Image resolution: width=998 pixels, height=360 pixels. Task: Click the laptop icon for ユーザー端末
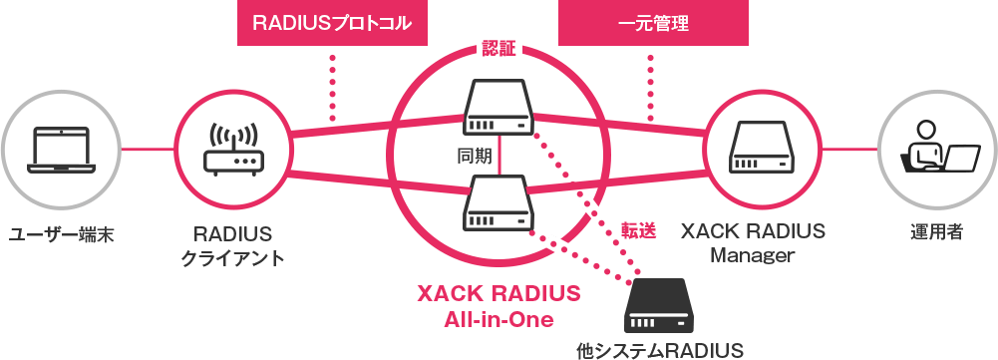(62, 150)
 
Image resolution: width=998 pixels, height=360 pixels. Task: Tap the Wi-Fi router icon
(232, 150)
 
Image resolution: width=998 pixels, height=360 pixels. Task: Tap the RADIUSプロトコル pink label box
(332, 23)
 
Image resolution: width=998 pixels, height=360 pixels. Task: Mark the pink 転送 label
(639, 229)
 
